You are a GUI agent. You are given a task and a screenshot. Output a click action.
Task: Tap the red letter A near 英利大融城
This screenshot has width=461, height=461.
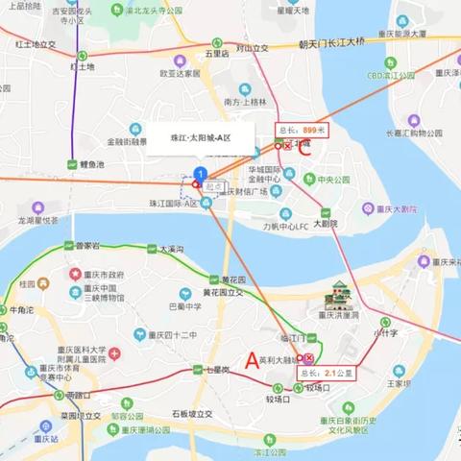tap(253, 360)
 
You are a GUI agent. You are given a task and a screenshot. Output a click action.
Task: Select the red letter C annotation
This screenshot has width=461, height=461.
tap(304, 149)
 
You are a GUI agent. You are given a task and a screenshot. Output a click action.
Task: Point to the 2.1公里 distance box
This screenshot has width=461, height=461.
tap(324, 372)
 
